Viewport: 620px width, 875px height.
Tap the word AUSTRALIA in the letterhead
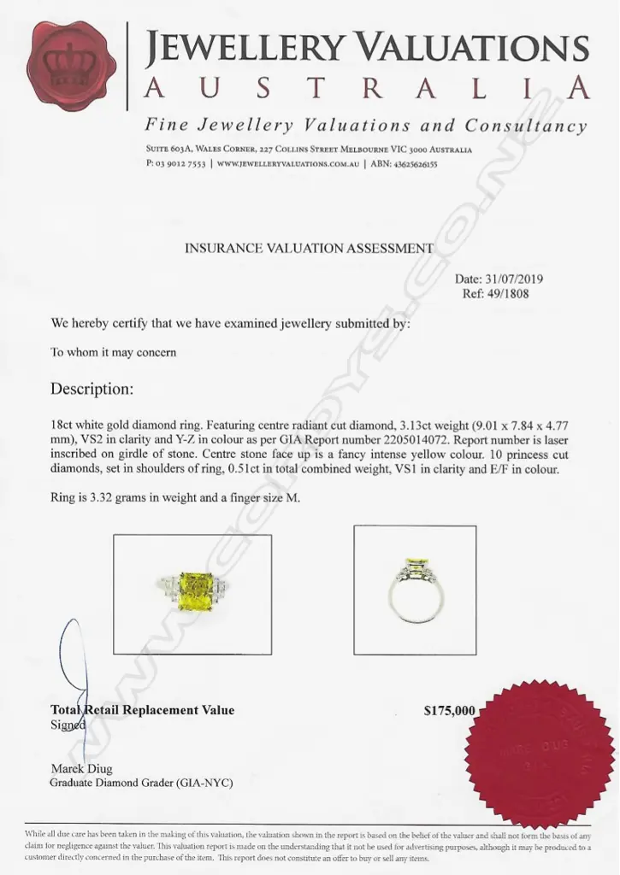(x=367, y=87)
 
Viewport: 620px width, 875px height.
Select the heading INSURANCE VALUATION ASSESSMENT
(x=309, y=249)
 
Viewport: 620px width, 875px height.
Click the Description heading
(x=92, y=389)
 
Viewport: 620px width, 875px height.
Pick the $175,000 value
(x=449, y=710)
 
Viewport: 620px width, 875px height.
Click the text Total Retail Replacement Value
(x=142, y=710)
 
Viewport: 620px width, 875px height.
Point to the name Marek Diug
(x=81, y=769)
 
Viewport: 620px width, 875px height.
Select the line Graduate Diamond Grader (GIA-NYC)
(x=141, y=783)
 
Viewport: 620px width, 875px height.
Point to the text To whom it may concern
(x=114, y=353)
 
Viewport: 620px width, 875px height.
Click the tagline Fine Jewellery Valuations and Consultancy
(x=366, y=126)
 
